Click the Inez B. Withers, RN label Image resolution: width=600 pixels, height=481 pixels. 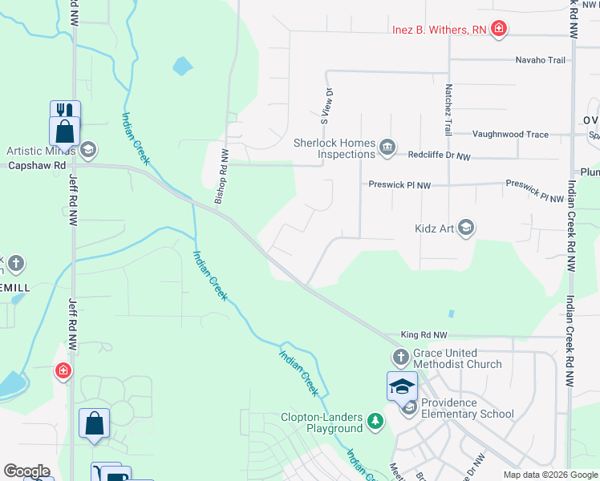point(440,30)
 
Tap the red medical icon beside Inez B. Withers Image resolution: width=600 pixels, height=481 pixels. point(499,30)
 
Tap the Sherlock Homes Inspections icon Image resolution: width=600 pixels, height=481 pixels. point(387,145)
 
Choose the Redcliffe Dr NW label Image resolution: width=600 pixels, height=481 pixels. point(440,156)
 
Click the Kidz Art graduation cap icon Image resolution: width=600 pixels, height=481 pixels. point(467,228)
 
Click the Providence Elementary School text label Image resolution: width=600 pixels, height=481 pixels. point(467,408)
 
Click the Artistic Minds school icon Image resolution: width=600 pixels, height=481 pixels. point(87,150)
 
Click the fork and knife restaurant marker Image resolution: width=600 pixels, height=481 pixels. point(65,111)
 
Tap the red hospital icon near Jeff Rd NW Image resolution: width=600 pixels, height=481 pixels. point(63,371)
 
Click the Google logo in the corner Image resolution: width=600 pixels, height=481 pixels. point(26,471)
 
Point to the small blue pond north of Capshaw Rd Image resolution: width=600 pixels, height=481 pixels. point(183,65)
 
